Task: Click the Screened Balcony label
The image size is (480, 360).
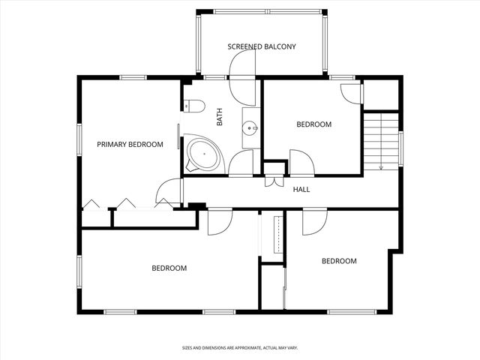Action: point(262,46)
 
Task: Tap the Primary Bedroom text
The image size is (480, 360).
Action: point(130,144)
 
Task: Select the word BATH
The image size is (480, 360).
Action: point(220,117)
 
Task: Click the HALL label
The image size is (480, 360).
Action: point(301,190)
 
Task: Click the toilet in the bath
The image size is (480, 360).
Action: point(194,106)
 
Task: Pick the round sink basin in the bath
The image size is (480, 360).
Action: point(250,128)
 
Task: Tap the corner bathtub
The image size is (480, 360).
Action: point(203,154)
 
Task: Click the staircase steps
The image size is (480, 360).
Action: point(381,142)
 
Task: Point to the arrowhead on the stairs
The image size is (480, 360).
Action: point(381,167)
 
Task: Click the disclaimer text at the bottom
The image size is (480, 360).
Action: point(240,348)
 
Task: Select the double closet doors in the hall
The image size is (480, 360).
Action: point(274,181)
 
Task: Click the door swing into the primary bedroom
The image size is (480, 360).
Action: point(168,190)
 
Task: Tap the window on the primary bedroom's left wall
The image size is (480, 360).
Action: point(79,139)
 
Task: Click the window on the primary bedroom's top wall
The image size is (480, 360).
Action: point(133,77)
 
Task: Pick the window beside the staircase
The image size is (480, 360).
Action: point(400,148)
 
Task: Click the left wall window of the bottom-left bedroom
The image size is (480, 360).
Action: point(79,271)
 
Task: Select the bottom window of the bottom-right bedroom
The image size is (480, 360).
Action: point(352,312)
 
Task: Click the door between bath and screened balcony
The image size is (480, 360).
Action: point(242,77)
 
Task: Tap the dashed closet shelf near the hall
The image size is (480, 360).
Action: point(278,235)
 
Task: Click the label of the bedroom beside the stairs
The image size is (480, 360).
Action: point(314,124)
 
